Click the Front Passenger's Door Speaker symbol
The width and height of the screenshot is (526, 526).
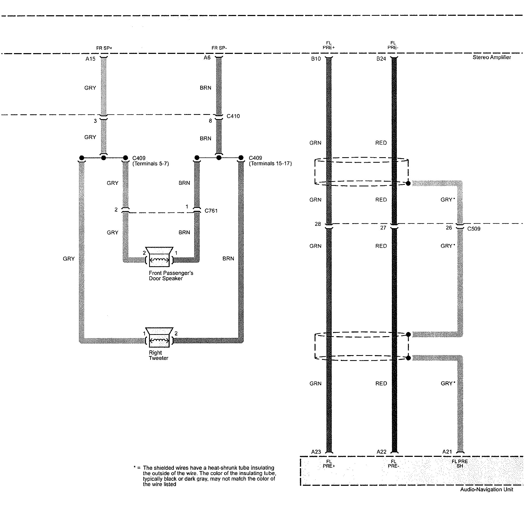(159, 257)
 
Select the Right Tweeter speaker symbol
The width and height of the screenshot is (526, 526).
(159, 337)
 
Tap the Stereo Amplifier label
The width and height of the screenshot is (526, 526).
(491, 57)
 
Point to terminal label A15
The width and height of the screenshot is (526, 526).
(90, 59)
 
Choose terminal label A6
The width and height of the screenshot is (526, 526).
(207, 58)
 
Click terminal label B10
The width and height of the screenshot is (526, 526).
(316, 59)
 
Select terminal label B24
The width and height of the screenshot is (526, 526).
(381, 59)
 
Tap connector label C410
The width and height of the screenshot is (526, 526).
(233, 116)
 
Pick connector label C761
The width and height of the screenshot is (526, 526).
(211, 211)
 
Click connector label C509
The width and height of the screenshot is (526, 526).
(474, 229)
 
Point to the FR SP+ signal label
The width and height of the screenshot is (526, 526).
(104, 48)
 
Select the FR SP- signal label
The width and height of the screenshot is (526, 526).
(219, 48)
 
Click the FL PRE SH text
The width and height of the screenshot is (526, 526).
(459, 464)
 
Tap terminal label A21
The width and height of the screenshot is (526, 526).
(447, 452)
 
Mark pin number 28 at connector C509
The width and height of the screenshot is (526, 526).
(318, 224)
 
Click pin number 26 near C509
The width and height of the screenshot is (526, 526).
(449, 228)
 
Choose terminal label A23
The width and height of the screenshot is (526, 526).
(316, 452)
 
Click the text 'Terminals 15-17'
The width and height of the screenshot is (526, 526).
(270, 164)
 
